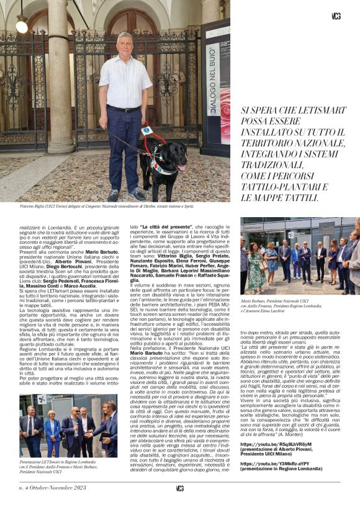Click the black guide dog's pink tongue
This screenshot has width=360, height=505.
coord(181,168)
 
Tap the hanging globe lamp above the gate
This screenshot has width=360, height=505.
coord(22,25)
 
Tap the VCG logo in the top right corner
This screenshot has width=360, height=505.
coord(336,16)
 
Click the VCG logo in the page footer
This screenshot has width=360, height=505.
coord(179,488)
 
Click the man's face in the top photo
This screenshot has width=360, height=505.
coord(125,43)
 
